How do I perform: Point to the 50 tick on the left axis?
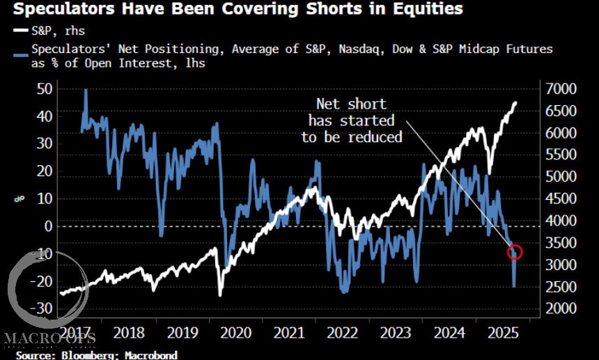44,88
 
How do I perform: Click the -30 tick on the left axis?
41,308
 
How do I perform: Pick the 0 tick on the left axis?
49,226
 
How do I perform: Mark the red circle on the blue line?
515,251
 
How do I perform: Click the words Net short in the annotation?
352,104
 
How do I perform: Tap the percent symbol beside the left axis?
18,200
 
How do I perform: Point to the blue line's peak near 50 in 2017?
86,90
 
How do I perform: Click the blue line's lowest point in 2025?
515,286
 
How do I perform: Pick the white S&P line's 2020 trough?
221,295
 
